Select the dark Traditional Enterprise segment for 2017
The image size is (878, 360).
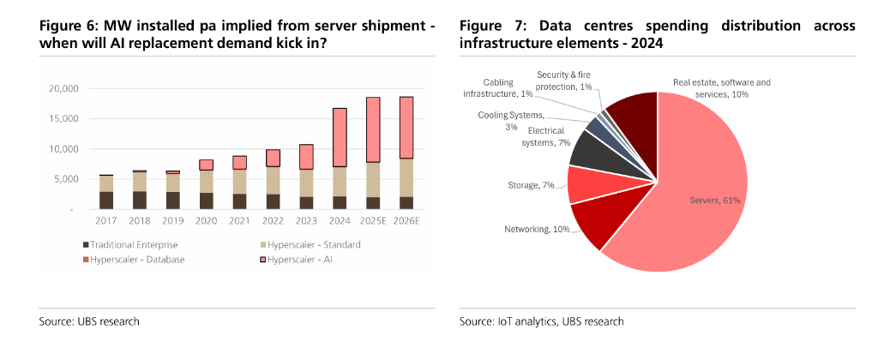click(x=105, y=200)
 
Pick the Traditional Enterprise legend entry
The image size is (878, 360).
click(x=130, y=245)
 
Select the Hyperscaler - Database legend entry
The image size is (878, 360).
click(x=135, y=259)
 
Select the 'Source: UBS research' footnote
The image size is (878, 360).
click(x=90, y=321)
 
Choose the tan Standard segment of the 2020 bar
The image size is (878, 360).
click(x=207, y=182)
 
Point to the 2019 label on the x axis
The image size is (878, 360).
click(x=173, y=220)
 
